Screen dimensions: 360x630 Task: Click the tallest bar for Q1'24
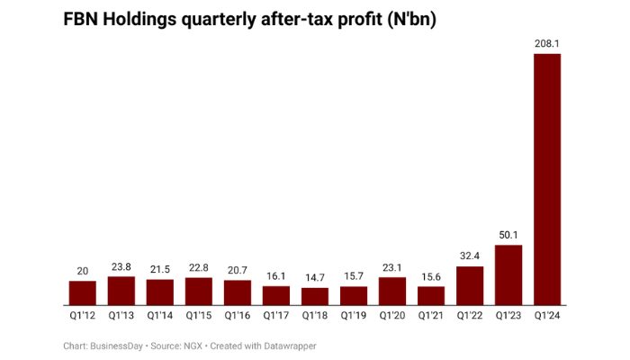click(547, 180)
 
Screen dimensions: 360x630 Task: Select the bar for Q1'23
click(508, 275)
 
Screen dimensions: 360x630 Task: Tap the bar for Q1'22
click(470, 286)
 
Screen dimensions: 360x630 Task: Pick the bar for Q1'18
click(315, 297)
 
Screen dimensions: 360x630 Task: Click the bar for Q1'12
click(82, 293)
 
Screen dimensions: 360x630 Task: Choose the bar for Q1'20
click(392, 292)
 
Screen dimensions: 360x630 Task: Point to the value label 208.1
click(547, 42)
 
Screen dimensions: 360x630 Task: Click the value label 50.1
click(508, 234)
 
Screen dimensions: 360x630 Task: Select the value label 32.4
click(470, 256)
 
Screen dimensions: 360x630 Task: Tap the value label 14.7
click(315, 277)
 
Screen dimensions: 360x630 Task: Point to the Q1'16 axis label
click(238, 316)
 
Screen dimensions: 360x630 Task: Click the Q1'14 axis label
click(159, 316)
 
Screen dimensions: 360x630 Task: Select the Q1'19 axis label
click(354, 316)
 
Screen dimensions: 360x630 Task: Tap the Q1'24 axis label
click(547, 316)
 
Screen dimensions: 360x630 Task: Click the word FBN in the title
click(82, 20)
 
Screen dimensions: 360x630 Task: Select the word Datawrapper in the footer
click(285, 346)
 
